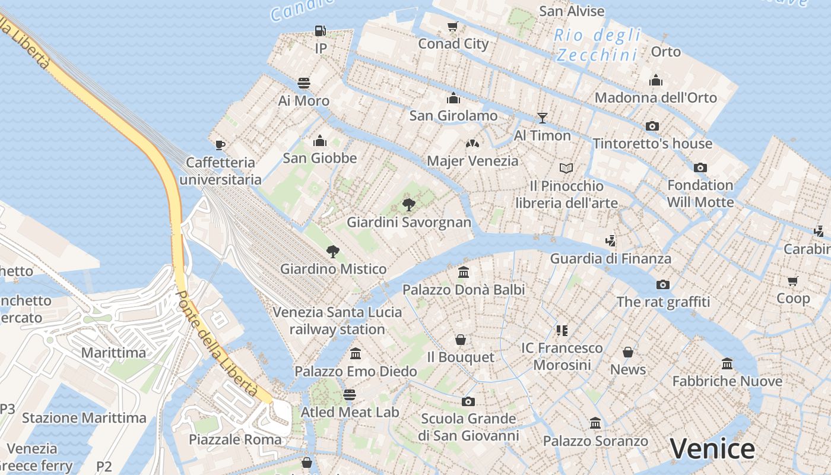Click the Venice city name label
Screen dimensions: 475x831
[712, 449]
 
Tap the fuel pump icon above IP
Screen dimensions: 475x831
[321, 31]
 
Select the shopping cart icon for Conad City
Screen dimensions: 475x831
[453, 26]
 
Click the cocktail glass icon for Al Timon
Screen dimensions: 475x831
[542, 118]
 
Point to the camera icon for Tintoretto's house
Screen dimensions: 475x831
[652, 126]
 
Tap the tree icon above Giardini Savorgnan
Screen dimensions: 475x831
[408, 205]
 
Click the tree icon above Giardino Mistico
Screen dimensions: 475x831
[333, 252]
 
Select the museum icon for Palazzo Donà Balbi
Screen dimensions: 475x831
[464, 273]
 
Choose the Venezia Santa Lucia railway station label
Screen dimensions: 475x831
[337, 321]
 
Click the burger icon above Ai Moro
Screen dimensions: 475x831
[304, 83]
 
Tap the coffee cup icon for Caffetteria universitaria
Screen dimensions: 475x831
[220, 145]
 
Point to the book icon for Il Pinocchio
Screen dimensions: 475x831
[566, 169]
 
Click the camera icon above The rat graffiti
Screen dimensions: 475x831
[663, 284]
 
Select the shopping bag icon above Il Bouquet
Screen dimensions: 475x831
[461, 340]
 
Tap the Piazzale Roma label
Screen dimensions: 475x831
[235, 439]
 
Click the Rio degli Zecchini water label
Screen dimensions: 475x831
[598, 45]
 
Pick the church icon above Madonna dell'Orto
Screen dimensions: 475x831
[656, 80]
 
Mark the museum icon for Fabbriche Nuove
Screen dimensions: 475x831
[727, 363]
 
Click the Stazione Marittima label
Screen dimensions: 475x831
[84, 418]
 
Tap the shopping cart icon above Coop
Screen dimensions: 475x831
[793, 281]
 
